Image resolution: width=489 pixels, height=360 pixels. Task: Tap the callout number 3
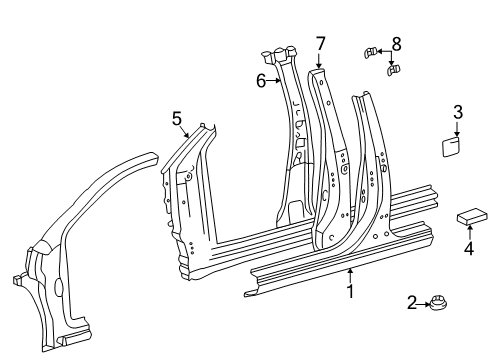pos(457,112)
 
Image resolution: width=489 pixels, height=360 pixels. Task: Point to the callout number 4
pos(468,250)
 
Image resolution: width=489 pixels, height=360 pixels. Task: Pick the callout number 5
pos(177,119)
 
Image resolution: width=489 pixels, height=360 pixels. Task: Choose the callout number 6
pos(261,80)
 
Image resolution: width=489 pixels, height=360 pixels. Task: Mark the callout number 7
pos(321,42)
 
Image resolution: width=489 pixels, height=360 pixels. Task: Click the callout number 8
pos(396,44)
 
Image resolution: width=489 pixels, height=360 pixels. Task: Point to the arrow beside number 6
pos(275,80)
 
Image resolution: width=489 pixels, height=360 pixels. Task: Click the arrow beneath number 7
pos(321,60)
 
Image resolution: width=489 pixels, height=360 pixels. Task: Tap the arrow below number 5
pos(183,134)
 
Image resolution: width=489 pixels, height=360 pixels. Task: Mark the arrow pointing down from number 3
pos(457,129)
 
